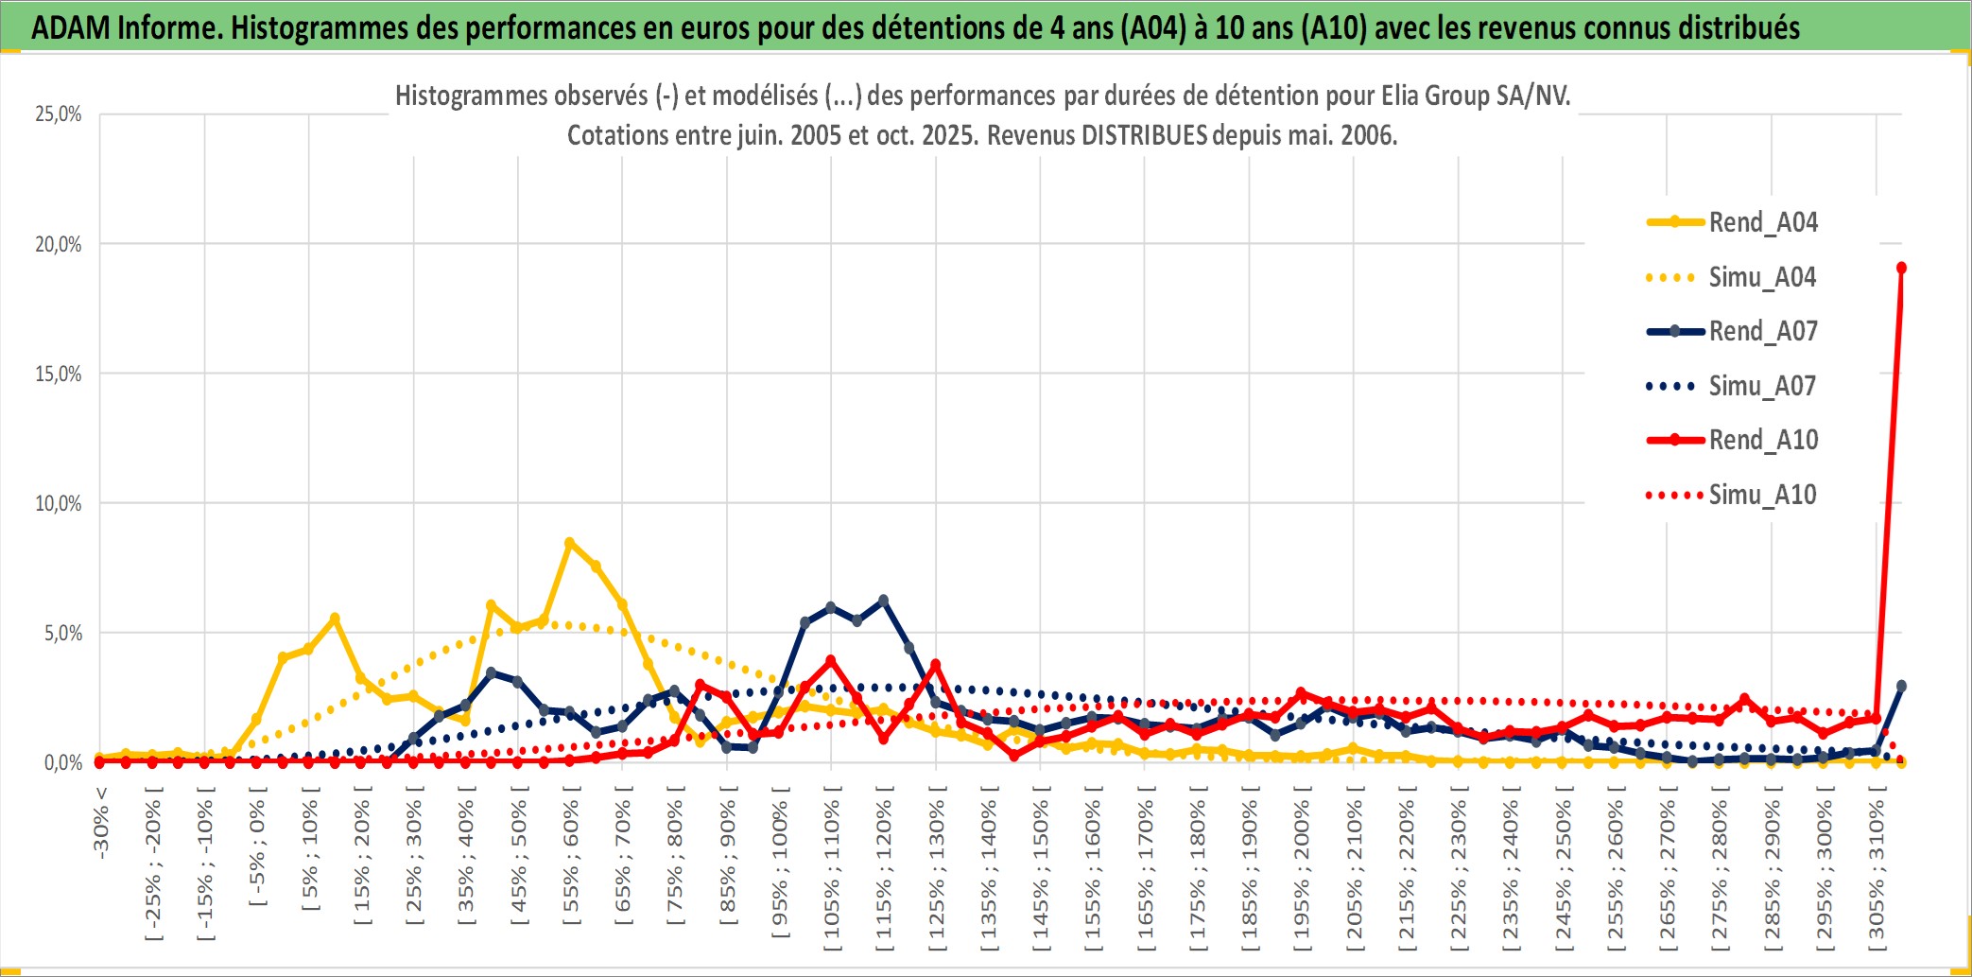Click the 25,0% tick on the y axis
[59, 114]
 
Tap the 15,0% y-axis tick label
[59, 374]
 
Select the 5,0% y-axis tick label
[63, 633]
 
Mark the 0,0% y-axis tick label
[63, 762]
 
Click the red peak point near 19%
[1901, 268]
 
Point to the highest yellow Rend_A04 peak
[569, 543]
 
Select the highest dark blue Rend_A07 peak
[883, 601]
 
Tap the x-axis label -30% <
[101, 823]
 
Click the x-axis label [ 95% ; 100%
[780, 870]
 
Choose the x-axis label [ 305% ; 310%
[1877, 870]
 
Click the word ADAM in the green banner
[70, 27]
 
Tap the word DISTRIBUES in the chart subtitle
[1144, 135]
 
